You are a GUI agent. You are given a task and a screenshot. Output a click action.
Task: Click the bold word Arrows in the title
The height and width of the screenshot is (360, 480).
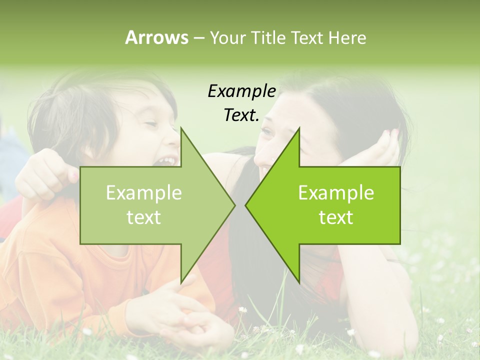[156, 37]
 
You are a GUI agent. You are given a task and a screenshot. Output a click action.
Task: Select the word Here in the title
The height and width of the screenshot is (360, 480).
[347, 37]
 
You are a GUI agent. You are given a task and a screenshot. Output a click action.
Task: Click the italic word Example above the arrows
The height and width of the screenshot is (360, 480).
[241, 91]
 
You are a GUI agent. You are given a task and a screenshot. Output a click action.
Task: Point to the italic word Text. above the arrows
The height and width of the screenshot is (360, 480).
[241, 115]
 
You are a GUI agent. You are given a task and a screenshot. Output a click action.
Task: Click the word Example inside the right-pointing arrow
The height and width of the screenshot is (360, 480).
[143, 192]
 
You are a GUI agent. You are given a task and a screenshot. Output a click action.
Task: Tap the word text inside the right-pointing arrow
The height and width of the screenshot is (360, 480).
[143, 217]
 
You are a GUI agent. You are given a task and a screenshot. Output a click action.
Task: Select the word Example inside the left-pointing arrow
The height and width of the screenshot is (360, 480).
[336, 192]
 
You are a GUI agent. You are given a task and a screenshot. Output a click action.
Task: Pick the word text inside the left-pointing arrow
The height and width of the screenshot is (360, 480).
[336, 217]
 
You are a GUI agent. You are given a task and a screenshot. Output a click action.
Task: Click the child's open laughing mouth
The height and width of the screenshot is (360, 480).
[166, 161]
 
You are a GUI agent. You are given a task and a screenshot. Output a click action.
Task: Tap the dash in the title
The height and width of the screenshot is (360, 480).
[198, 38]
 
